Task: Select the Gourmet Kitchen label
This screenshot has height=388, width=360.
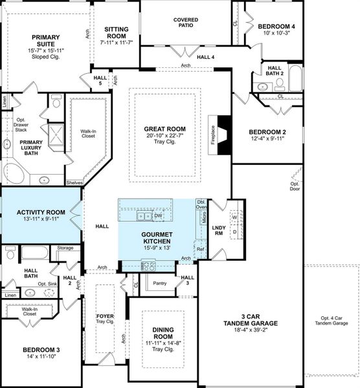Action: [157, 238]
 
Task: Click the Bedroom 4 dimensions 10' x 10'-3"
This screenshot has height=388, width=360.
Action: [276, 34]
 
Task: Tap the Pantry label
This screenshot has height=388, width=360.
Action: [158, 283]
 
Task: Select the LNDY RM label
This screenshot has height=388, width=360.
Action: [218, 231]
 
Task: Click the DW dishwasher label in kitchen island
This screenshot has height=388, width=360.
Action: [158, 215]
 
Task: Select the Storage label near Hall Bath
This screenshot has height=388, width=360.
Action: [65, 248]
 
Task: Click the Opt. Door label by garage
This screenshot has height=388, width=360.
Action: [295, 186]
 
